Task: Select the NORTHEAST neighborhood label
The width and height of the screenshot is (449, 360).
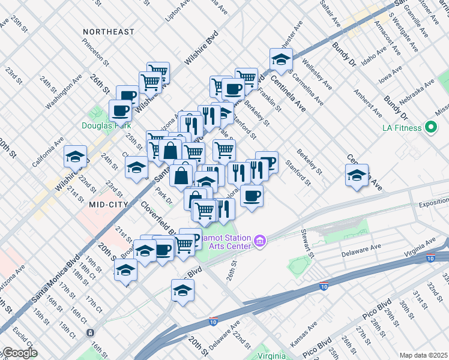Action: click(109, 31)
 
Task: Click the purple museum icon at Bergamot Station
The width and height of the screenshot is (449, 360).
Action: click(260, 241)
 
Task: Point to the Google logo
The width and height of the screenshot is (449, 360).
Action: click(19, 353)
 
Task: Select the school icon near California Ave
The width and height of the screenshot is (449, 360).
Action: click(76, 157)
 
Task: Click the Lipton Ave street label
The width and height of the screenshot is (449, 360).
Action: click(177, 11)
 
